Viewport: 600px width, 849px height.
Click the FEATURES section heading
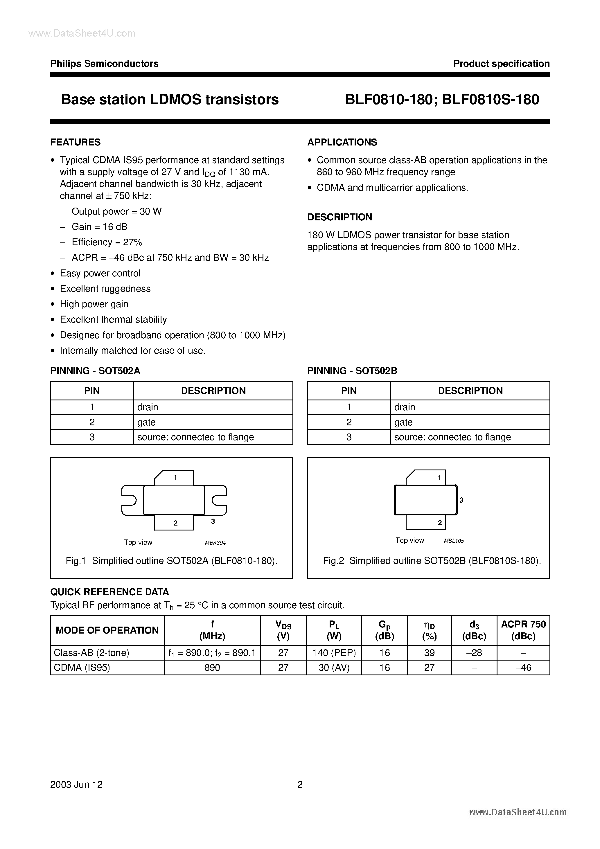click(76, 142)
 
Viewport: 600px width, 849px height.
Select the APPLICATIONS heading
click(342, 142)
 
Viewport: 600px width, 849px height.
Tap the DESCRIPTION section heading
click(339, 217)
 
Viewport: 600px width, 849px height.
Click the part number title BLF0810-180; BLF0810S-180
click(442, 100)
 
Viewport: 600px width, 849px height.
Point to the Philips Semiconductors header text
click(104, 64)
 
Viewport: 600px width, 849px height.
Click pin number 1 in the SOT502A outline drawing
click(175, 477)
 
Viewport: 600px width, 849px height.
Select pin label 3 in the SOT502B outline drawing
click(461, 500)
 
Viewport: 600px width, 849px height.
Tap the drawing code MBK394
click(215, 543)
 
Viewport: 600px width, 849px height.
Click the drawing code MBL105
click(454, 541)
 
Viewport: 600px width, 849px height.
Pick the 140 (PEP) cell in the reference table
click(334, 653)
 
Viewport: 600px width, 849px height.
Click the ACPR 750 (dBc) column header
click(523, 630)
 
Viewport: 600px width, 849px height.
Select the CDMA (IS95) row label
click(82, 668)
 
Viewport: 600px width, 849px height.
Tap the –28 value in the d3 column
click(474, 653)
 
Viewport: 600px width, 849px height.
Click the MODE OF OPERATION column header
click(107, 630)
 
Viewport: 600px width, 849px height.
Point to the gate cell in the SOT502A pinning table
click(146, 422)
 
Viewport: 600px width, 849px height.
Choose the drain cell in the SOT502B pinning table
click(405, 407)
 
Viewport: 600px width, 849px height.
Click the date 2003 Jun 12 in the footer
click(77, 785)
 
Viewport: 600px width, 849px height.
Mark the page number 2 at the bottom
click(300, 785)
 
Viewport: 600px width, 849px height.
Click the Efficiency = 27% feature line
click(107, 242)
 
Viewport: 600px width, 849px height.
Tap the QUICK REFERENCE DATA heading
click(109, 592)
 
